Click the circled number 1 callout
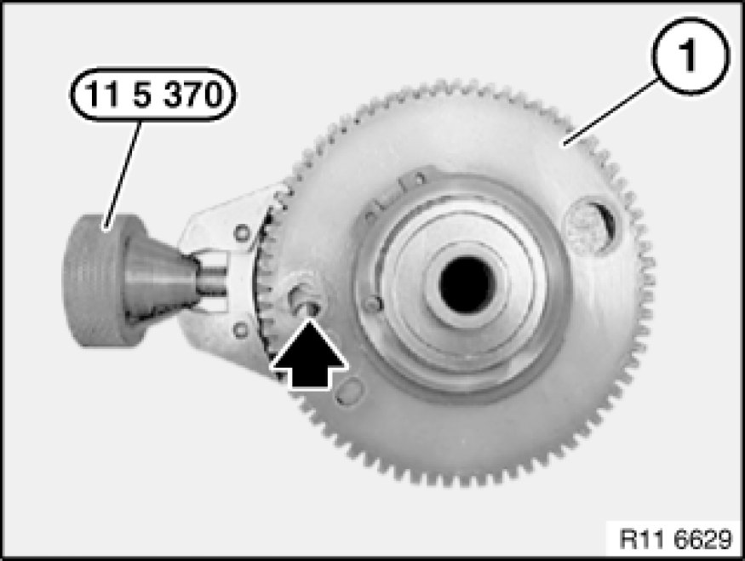tap(690, 55)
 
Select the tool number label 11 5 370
tap(152, 94)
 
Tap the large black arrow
tap(309, 354)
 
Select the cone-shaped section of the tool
tap(159, 281)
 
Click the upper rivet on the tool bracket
tap(243, 232)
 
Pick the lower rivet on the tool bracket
tap(241, 329)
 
